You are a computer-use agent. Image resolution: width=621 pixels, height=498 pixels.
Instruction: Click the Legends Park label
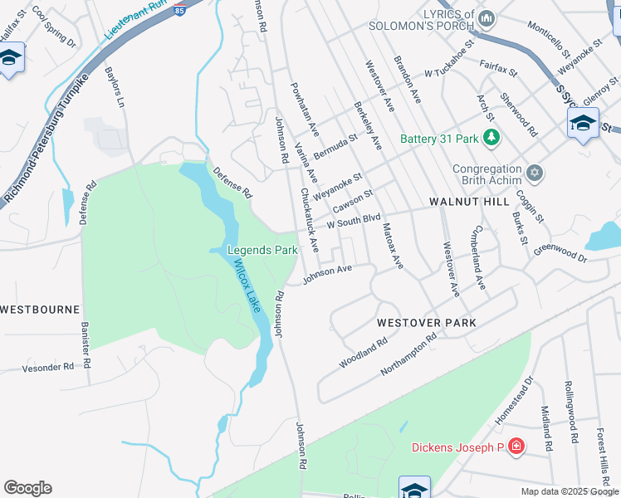tap(262, 249)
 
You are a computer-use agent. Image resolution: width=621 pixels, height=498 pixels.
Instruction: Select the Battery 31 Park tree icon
tap(492, 138)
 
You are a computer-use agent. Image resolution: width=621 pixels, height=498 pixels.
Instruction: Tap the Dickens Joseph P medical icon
tap(516, 447)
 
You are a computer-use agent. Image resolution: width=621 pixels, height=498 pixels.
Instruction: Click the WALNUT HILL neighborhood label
tap(469, 202)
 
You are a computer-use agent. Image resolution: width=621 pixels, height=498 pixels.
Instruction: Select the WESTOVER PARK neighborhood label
tap(427, 322)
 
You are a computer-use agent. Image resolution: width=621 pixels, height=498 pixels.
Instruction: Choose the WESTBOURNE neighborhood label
tap(39, 309)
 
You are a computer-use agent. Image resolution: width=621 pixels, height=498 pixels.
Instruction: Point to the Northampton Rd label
tap(408, 354)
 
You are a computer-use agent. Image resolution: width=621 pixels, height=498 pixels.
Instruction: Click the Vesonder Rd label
tap(48, 366)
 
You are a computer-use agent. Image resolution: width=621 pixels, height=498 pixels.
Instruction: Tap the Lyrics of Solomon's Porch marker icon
tap(487, 17)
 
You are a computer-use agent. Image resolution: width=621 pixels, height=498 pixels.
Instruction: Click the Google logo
tap(27, 488)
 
